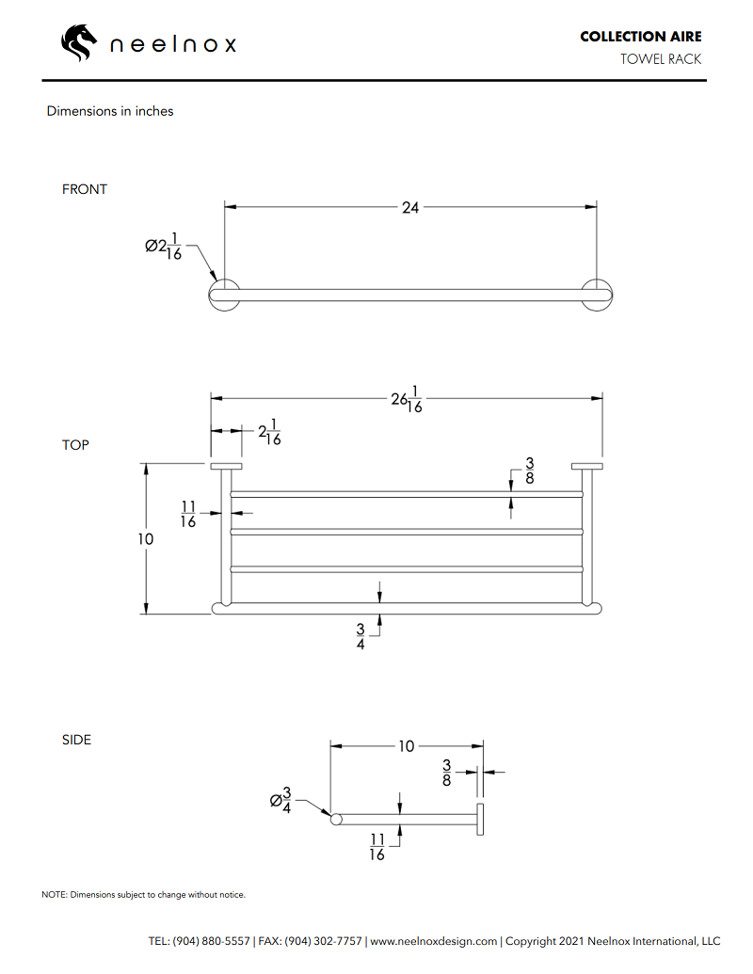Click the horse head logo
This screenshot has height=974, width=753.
[79, 42]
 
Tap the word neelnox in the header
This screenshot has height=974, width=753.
[173, 44]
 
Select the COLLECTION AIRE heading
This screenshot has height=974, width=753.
[640, 37]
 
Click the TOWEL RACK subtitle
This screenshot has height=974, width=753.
[660, 59]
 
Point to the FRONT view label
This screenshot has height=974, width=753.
[85, 189]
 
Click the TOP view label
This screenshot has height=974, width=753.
[75, 445]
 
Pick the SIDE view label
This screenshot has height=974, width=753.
[76, 740]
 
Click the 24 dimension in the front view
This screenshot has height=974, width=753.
[410, 207]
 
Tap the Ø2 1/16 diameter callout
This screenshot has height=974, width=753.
[165, 247]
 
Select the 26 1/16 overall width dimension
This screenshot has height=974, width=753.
[407, 399]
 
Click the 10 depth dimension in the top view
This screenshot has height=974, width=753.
[145, 539]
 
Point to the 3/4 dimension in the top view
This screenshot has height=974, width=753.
[360, 637]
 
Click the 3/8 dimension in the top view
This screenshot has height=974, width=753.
[530, 471]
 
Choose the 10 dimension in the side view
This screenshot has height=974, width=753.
[406, 746]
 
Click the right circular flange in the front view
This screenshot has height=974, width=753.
[598, 295]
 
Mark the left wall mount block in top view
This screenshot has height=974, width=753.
[226, 466]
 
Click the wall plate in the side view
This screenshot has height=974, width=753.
[480, 819]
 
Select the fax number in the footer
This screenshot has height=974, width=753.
[310, 941]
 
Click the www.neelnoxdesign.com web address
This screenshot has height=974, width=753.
[433, 941]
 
